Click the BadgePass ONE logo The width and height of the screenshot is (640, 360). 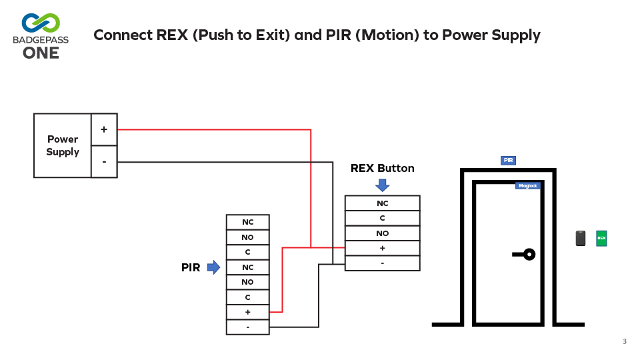coord(41,35)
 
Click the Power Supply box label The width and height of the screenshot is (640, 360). coord(63,145)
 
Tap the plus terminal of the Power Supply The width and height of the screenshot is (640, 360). coord(104,129)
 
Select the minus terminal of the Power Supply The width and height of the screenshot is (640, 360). coord(104,161)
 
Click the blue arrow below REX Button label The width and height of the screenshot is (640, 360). coord(382,185)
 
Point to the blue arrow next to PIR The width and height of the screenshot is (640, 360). coord(213,267)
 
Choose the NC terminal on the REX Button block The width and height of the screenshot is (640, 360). coord(382,203)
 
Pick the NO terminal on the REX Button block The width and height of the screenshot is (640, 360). coord(382,233)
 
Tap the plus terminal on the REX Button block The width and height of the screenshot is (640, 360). coord(382,248)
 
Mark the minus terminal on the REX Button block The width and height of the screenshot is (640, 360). coord(382,263)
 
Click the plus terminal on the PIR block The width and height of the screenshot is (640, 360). coord(247,311)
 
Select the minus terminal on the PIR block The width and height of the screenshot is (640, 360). coord(247,327)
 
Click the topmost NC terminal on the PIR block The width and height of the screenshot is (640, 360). coord(247,222)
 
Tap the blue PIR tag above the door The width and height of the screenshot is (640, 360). coord(508,161)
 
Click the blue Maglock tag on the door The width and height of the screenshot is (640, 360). coord(527,185)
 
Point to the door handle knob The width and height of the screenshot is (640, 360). coord(529,254)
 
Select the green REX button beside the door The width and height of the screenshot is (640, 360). coord(601,238)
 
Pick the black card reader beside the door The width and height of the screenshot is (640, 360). coord(581,238)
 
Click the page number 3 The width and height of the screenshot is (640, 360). coord(624,342)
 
